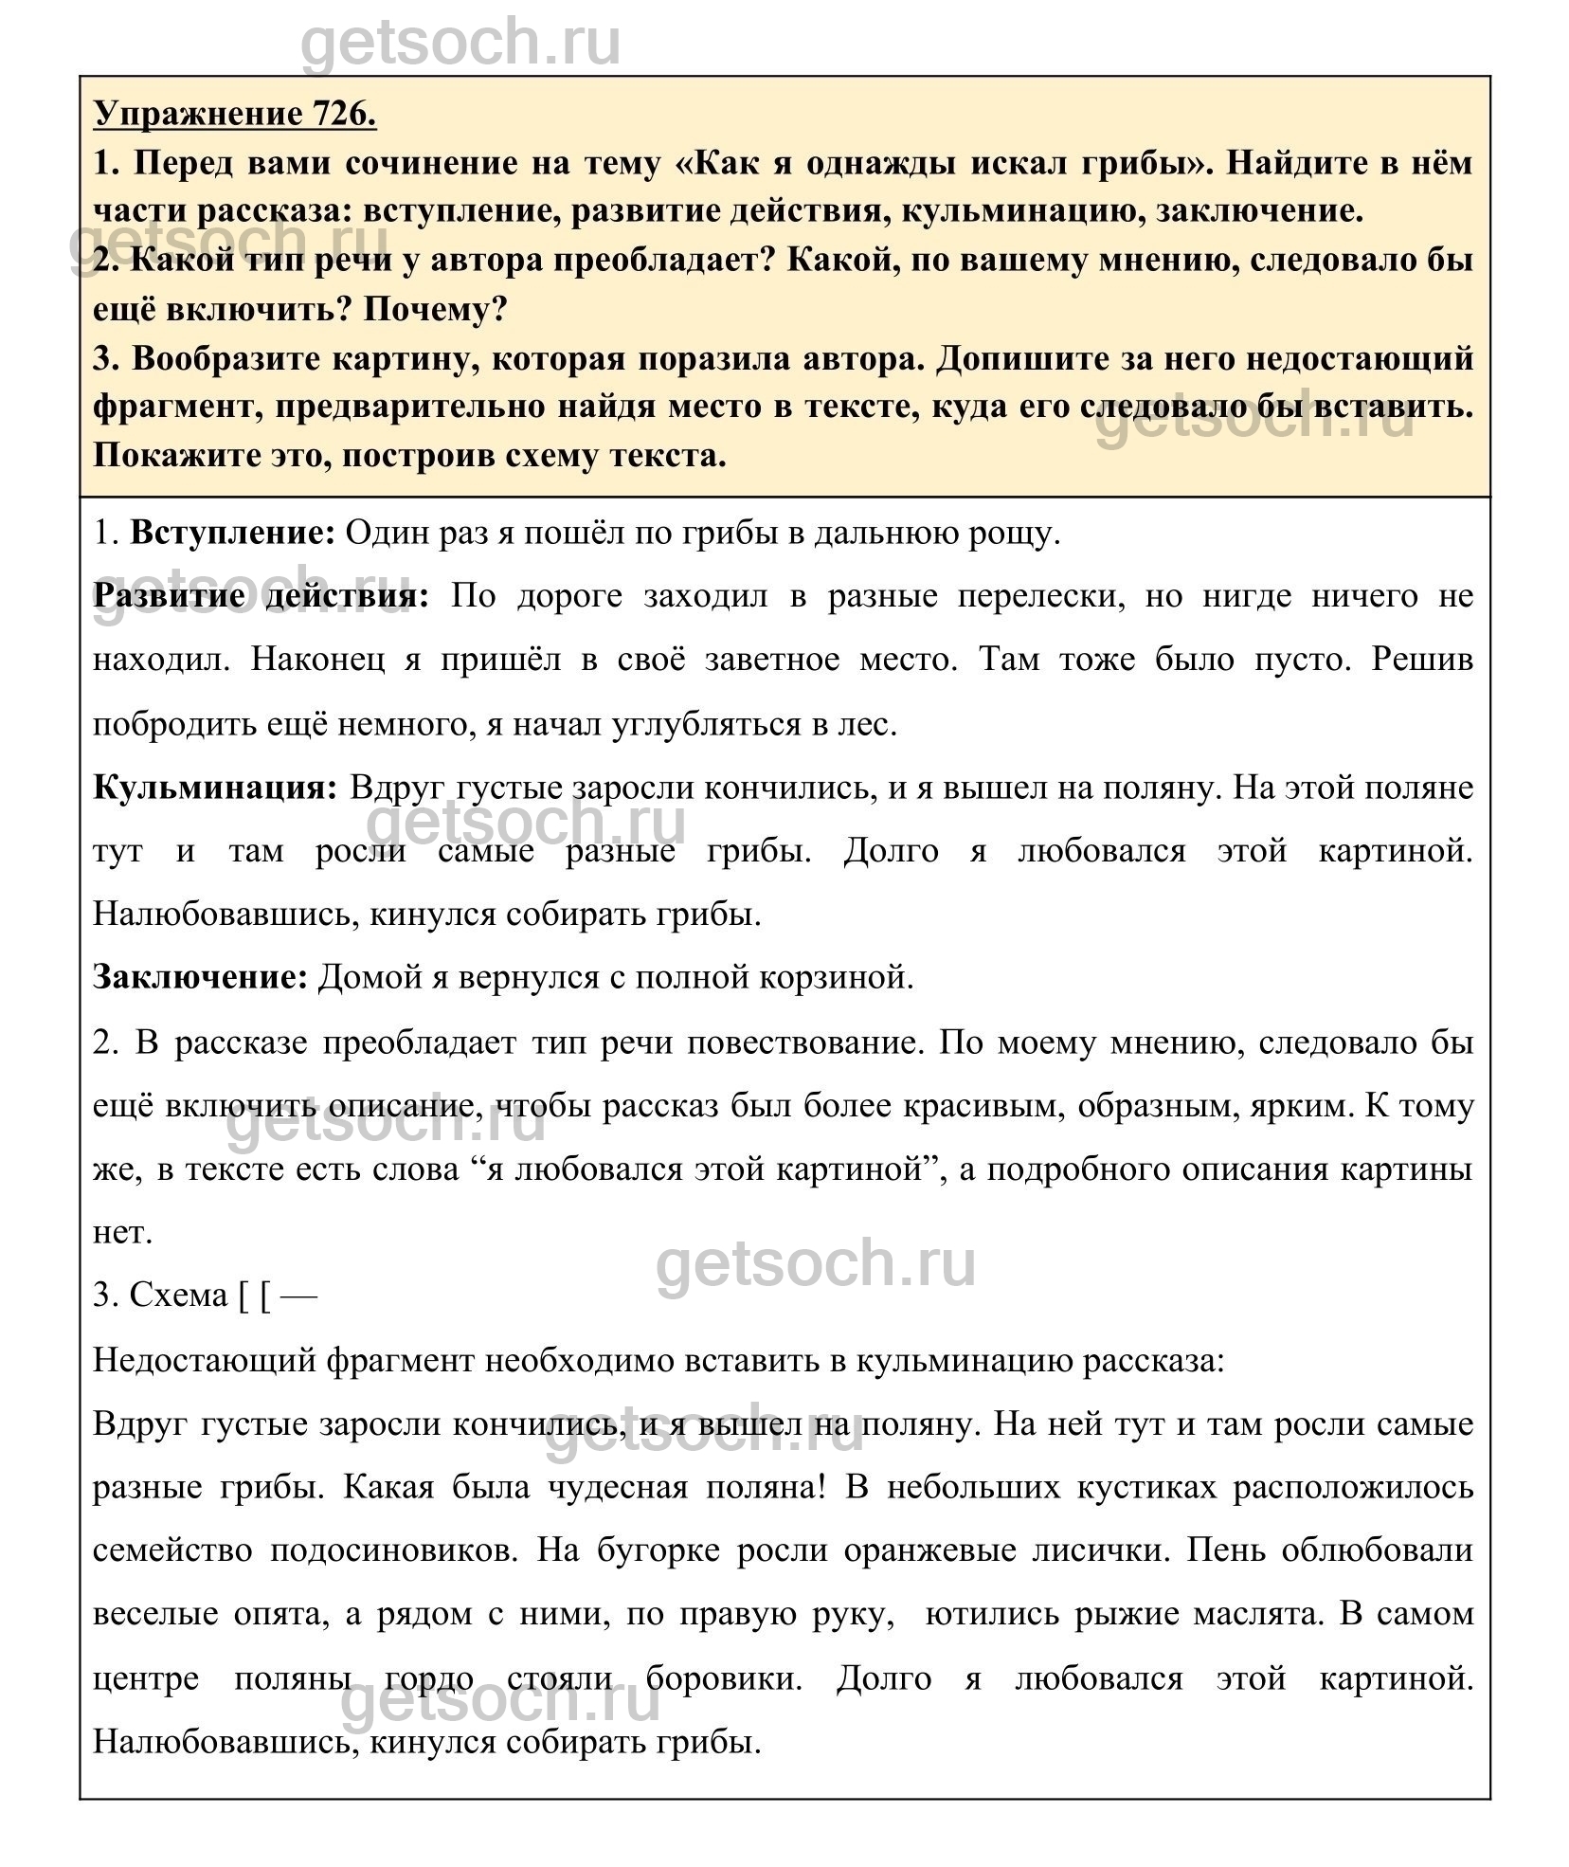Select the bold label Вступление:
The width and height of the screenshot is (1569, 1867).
233,534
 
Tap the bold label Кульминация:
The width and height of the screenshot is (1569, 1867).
216,788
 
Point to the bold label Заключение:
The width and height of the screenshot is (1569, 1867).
201,977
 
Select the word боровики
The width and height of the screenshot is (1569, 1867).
725,1678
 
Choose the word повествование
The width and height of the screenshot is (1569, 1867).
804,1042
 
